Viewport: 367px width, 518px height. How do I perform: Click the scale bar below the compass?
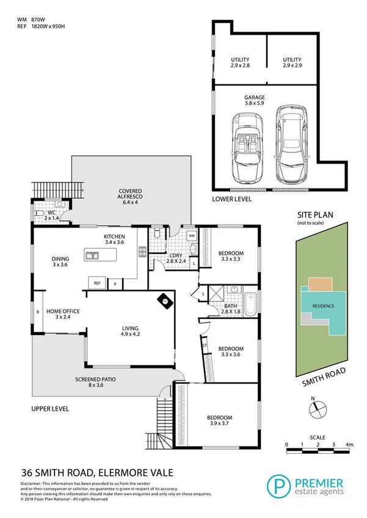click(318, 450)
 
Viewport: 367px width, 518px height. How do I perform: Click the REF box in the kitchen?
click(96, 282)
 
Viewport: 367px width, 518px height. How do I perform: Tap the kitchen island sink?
click(93, 255)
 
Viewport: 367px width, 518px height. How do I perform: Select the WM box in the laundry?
click(191, 235)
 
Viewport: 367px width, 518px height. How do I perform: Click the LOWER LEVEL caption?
click(231, 200)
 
